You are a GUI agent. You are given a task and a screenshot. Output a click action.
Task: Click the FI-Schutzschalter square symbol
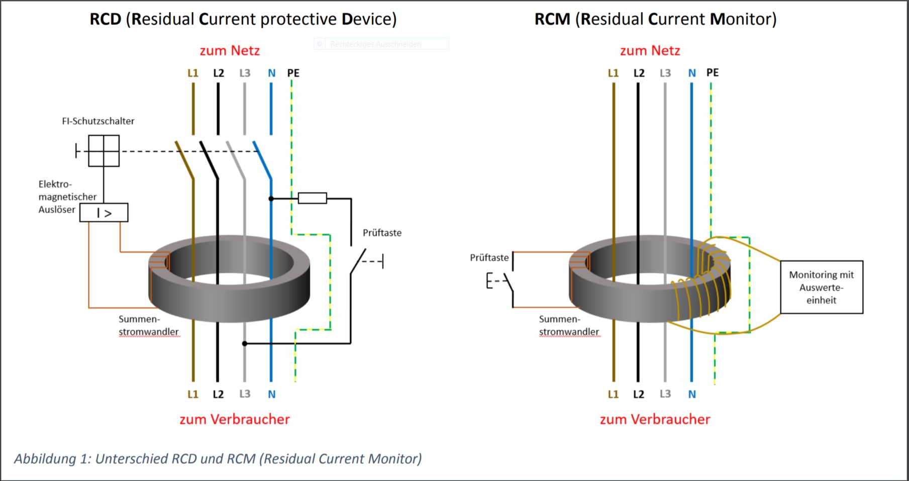[104, 151]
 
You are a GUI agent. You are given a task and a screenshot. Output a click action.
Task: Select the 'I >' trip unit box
[104, 213]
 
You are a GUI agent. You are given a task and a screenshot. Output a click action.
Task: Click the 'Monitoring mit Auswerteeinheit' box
[821, 287]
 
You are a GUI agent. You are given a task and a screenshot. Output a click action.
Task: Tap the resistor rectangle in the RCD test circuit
[312, 198]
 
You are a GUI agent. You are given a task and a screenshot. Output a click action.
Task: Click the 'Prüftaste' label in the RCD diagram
[382, 233]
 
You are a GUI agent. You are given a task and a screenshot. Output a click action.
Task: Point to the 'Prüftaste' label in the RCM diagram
[489, 257]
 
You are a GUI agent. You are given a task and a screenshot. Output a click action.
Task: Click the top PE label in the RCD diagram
[293, 73]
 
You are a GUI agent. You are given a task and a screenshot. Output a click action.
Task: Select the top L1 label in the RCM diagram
[613, 73]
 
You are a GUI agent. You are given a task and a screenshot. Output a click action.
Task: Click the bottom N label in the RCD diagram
[271, 394]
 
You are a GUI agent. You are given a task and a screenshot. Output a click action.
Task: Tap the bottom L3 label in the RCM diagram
[665, 394]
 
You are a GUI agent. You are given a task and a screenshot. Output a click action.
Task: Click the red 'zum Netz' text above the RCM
[650, 51]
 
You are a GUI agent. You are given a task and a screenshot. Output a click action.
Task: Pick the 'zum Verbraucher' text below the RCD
[235, 419]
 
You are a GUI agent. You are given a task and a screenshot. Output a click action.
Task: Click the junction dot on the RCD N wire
[271, 199]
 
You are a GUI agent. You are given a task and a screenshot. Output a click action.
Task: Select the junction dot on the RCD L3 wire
[245, 344]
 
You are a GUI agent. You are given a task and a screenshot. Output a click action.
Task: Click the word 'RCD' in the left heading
[106, 19]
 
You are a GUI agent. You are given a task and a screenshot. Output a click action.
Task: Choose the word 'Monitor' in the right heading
[742, 19]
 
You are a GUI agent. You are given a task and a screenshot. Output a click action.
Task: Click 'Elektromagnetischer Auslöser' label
[67, 197]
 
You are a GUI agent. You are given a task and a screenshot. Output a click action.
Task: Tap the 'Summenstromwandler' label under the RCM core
[568, 325]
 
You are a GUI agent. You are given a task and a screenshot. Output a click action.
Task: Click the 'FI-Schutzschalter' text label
[98, 121]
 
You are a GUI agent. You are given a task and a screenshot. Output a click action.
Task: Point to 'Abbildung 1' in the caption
[52, 458]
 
